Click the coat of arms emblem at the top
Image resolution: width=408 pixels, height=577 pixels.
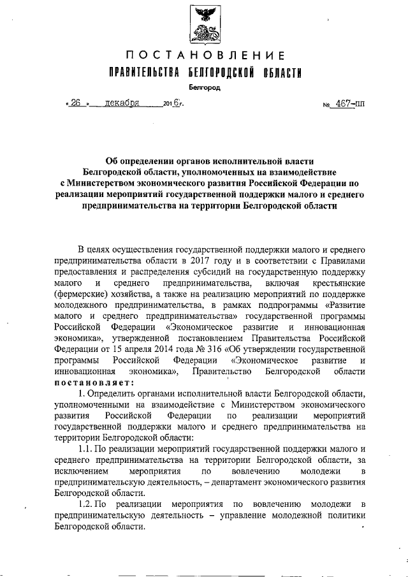tap(204, 26)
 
